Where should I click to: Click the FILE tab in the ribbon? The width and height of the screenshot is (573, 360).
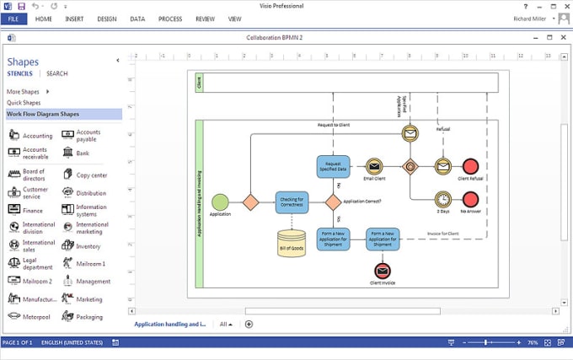(14, 19)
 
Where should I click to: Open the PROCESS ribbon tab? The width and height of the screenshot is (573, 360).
(170, 19)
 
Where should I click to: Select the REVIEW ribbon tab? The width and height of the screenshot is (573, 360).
(205, 19)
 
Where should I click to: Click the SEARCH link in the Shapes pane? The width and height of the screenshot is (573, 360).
(57, 73)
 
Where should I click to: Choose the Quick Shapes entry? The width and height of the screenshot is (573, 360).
(24, 102)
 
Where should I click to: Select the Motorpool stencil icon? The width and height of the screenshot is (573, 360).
(14, 317)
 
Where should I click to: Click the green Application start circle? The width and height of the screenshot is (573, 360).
(220, 201)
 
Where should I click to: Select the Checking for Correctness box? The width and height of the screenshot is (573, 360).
(292, 201)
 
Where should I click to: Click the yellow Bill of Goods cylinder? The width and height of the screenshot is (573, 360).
(292, 242)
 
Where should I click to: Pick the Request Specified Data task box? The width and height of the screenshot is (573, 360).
(333, 166)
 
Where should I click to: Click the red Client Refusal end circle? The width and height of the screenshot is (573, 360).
(470, 166)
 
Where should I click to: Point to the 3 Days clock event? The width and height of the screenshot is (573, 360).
(442, 199)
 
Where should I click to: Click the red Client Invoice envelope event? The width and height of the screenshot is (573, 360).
(383, 271)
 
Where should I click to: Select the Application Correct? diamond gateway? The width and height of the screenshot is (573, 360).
(334, 201)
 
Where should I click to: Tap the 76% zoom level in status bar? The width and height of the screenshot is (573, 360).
(533, 343)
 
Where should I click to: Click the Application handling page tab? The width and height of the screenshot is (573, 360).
(169, 324)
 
